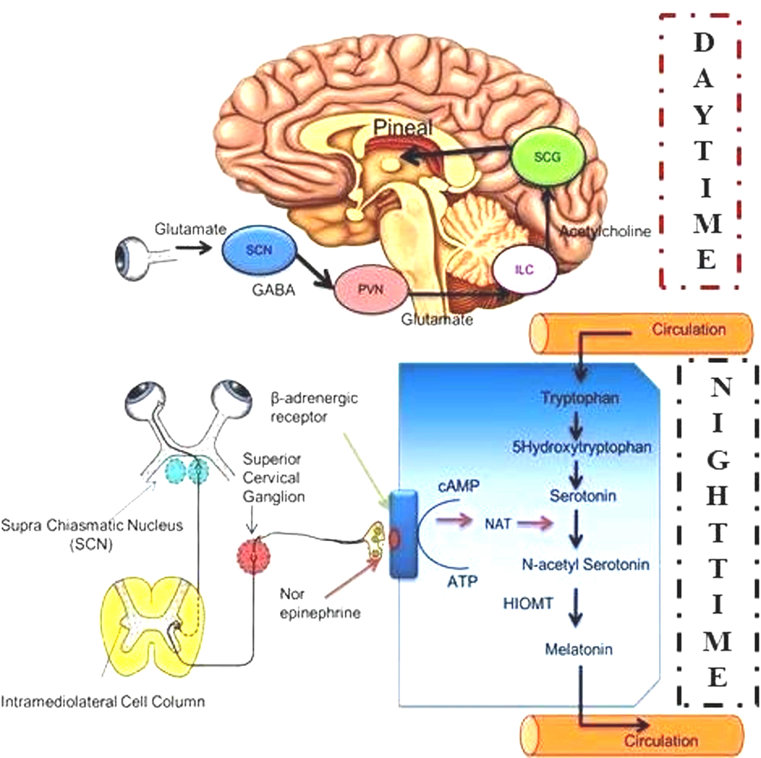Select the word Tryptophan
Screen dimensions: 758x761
(x=581, y=397)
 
